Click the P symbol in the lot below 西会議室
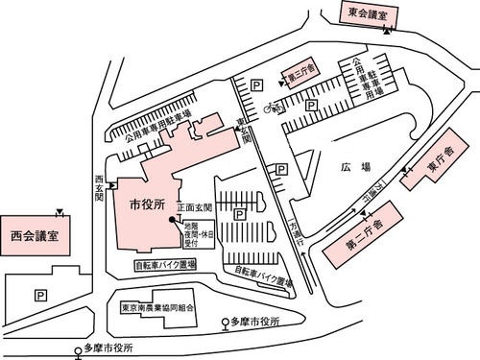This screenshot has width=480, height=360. click(x=39, y=295)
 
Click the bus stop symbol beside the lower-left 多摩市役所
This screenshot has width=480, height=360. click(x=79, y=352)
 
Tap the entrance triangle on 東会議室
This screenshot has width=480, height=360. click(x=386, y=31)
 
